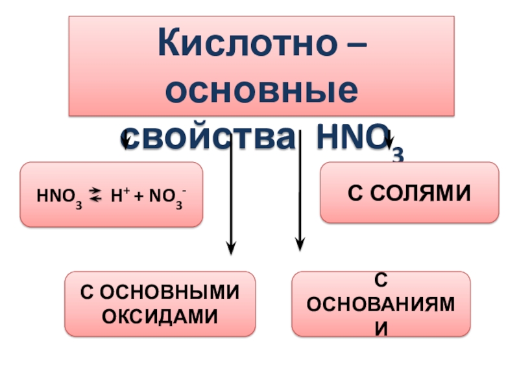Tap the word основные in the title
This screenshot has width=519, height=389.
[x=261, y=91]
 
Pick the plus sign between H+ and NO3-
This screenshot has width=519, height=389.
[x=136, y=194]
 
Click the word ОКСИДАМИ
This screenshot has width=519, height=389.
[x=160, y=315]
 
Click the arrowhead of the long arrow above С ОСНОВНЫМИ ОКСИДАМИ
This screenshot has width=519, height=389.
[x=231, y=248]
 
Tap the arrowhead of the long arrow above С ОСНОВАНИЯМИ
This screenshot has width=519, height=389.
[x=299, y=244]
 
